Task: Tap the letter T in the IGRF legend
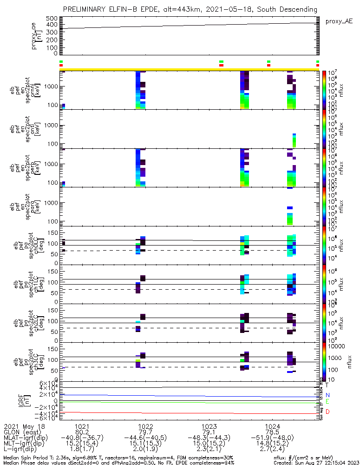tap(327, 385)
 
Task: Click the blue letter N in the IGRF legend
tap(327, 395)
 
